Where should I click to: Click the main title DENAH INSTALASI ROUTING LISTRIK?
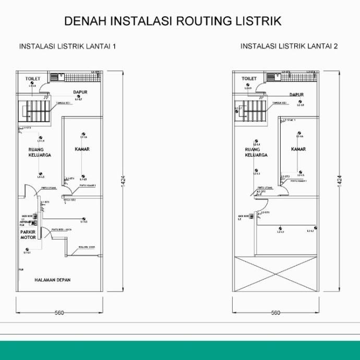(x=173, y=21)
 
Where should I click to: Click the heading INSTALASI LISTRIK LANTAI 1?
(x=67, y=46)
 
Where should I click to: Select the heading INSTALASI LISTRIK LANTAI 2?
(x=289, y=46)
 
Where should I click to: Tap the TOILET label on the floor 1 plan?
(x=33, y=78)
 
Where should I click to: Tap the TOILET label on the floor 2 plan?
(x=249, y=78)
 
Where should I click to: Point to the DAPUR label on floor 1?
(x=80, y=92)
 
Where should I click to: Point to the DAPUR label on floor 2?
(x=296, y=94)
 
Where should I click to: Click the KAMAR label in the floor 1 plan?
(x=82, y=149)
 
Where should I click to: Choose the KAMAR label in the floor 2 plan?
(x=298, y=149)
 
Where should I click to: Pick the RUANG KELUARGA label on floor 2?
(x=256, y=152)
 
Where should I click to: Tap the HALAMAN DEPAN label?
(x=53, y=280)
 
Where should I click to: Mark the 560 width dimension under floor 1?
(x=59, y=313)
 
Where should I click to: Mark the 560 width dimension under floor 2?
(x=275, y=313)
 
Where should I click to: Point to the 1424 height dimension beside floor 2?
(x=340, y=180)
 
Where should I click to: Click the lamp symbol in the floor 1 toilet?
(x=32, y=83)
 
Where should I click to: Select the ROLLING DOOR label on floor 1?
(x=87, y=247)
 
